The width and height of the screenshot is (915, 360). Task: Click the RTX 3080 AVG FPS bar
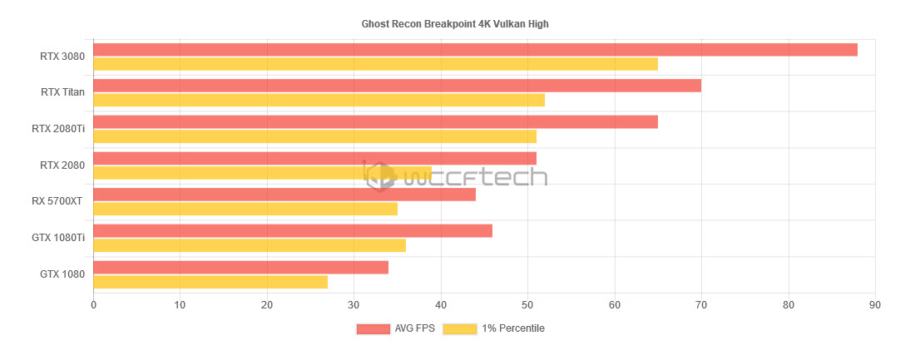pyautogui.click(x=475, y=50)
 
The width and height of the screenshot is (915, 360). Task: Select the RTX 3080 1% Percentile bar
pyautogui.click(x=375, y=64)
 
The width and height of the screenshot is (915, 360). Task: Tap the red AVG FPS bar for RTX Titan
pyautogui.click(x=397, y=86)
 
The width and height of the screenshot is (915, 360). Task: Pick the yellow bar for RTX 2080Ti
pyautogui.click(x=314, y=136)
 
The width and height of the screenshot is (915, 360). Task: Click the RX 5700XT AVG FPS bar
pyautogui.click(x=284, y=195)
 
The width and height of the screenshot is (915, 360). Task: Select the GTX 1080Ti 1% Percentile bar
pyautogui.click(x=250, y=245)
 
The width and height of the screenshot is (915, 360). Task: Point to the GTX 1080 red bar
pyautogui.click(x=240, y=267)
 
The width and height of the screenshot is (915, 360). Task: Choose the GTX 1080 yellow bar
pyautogui.click(x=210, y=282)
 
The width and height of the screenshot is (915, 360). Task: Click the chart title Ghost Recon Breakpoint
pyautogui.click(x=455, y=24)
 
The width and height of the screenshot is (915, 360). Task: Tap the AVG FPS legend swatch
pyautogui.click(x=373, y=328)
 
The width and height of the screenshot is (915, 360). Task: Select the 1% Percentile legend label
pyautogui.click(x=513, y=328)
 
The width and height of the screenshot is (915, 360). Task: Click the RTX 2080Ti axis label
pyautogui.click(x=58, y=129)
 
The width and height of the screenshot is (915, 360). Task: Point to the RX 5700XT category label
pyautogui.click(x=57, y=201)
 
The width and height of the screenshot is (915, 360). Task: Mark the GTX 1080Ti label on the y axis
pyautogui.click(x=58, y=238)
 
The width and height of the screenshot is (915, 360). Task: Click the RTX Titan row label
pyautogui.click(x=62, y=92)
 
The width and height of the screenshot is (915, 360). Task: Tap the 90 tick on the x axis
pyautogui.click(x=874, y=305)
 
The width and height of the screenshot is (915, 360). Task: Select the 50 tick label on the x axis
pyautogui.click(x=527, y=305)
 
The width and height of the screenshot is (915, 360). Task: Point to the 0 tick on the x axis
pyautogui.click(x=93, y=305)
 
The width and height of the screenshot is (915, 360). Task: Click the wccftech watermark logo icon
pyautogui.click(x=381, y=175)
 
